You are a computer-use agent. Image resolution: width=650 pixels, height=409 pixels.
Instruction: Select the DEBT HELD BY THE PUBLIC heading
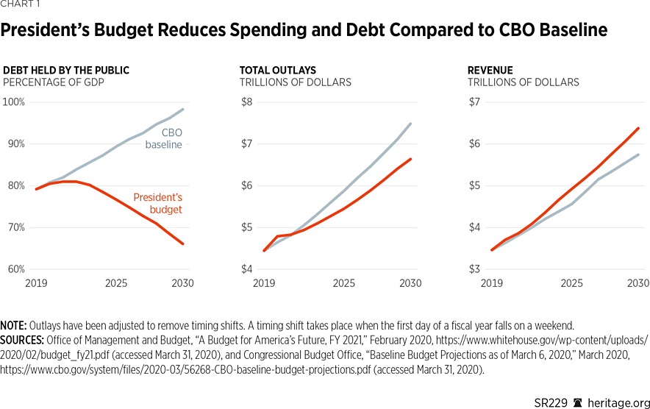tap(66, 71)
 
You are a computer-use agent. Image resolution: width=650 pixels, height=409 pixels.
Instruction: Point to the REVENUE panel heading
tap(490, 71)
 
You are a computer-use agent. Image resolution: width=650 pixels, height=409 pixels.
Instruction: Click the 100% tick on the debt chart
tap(13, 102)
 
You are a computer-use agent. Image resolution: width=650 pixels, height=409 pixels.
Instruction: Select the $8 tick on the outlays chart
tap(246, 102)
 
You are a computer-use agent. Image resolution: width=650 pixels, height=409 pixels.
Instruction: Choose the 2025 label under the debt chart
tap(115, 283)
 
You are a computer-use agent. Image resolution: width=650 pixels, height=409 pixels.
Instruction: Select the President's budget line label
tap(157, 203)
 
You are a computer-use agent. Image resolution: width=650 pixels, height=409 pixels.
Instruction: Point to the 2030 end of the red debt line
tap(183, 243)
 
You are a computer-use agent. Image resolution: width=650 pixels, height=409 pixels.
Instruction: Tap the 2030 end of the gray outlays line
tap(410, 124)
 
